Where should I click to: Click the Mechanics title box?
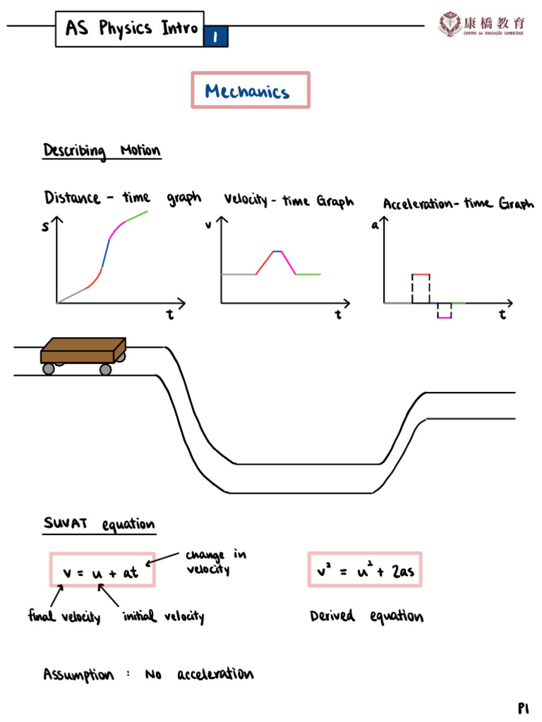click(250, 90)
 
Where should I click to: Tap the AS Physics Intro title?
click(131, 28)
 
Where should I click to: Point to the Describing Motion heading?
click(102, 151)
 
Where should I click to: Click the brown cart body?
click(83, 350)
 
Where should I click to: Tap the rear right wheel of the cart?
click(105, 369)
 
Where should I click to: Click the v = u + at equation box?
click(102, 570)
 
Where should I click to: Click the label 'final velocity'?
click(64, 618)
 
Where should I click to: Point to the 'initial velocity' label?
click(163, 618)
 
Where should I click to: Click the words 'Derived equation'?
click(366, 617)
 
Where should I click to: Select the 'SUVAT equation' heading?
click(99, 524)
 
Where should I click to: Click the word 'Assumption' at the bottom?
click(78, 675)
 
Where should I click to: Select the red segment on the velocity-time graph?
click(264, 262)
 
